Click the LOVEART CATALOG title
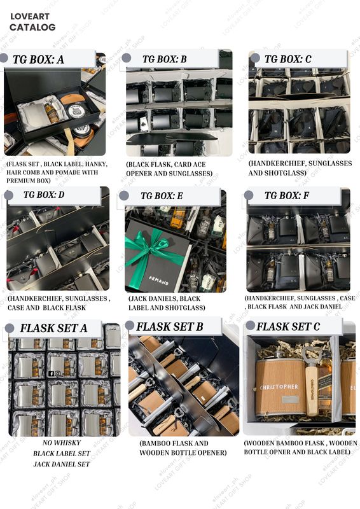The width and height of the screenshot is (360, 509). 32,22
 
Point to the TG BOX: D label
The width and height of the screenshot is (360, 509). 43,195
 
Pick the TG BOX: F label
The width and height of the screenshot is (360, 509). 287,196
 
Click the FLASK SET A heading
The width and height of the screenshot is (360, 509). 53,329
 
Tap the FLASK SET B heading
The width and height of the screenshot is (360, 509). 170,327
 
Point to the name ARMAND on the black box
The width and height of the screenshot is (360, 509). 158,279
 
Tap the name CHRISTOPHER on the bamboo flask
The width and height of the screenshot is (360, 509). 277,386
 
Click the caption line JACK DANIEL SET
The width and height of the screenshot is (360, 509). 61,464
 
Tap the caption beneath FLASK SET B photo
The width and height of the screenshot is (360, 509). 182,448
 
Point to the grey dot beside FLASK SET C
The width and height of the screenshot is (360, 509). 250,326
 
